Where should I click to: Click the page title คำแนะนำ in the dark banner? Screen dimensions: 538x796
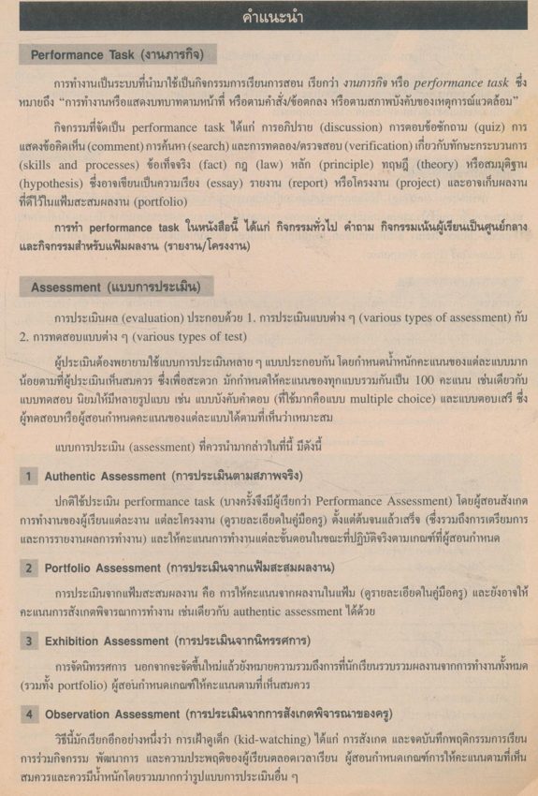(x=269, y=16)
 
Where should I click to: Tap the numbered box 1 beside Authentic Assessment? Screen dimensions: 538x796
(x=29, y=476)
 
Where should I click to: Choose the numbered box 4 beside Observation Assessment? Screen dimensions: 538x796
(x=29, y=714)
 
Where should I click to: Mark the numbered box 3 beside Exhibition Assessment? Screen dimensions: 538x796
(x=29, y=641)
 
